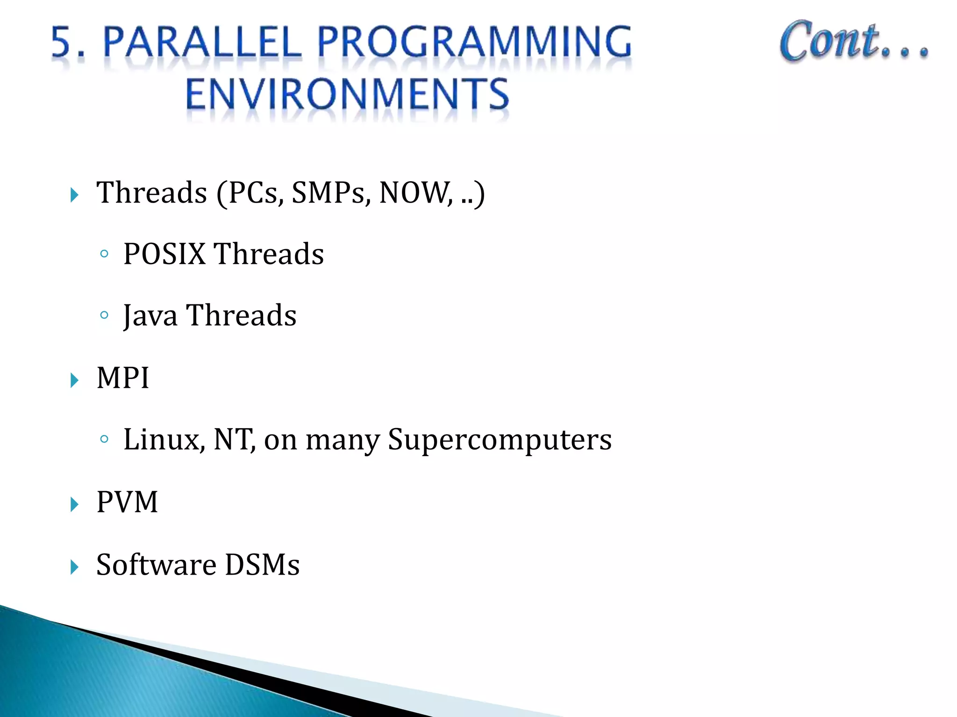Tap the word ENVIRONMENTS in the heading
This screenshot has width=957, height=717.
347,94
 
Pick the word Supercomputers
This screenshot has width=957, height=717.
500,440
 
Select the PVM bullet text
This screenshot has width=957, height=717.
127,502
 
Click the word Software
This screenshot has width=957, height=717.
156,564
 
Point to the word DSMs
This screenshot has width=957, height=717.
262,564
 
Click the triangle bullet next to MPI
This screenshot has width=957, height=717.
74,380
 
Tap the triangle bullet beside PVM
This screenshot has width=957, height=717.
74,505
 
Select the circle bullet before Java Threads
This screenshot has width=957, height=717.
104,315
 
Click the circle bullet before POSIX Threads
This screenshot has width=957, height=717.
104,254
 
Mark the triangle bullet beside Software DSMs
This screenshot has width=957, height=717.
74,567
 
